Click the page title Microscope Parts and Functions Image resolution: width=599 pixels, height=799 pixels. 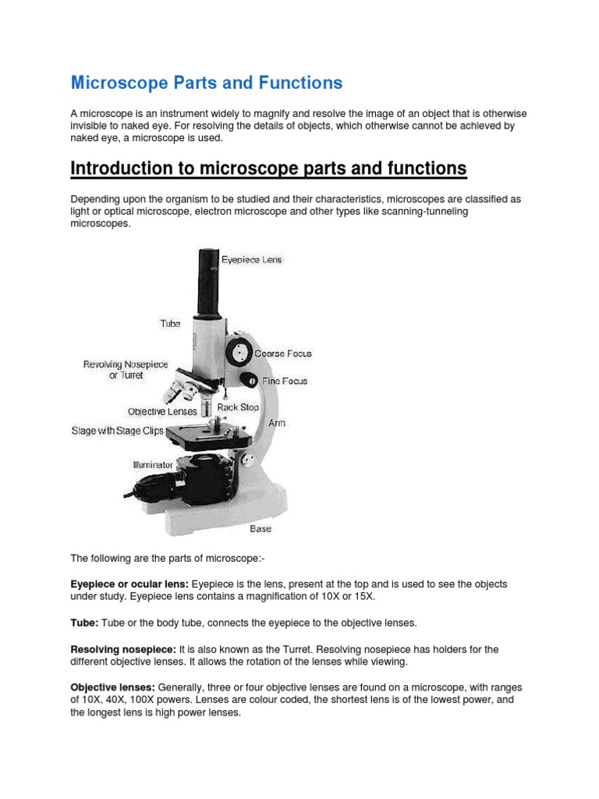[x=207, y=82]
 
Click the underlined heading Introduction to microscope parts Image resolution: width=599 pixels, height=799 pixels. [x=268, y=169]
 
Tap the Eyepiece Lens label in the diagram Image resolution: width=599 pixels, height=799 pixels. [x=252, y=259]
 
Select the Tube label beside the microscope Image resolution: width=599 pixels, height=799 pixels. [x=170, y=323]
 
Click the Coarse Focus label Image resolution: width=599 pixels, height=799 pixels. [x=282, y=353]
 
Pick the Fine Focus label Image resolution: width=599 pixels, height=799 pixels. [x=283, y=382]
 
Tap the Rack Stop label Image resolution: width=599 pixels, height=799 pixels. [x=238, y=407]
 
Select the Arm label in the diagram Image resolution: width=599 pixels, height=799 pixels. [x=277, y=423]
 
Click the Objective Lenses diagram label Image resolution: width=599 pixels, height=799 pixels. [x=163, y=411]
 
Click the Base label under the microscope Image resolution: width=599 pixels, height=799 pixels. [x=261, y=529]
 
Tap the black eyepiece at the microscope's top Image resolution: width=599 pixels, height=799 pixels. [x=208, y=277]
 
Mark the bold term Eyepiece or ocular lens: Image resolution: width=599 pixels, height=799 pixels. [x=129, y=584]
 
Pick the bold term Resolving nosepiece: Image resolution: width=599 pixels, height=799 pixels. [x=123, y=649]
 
